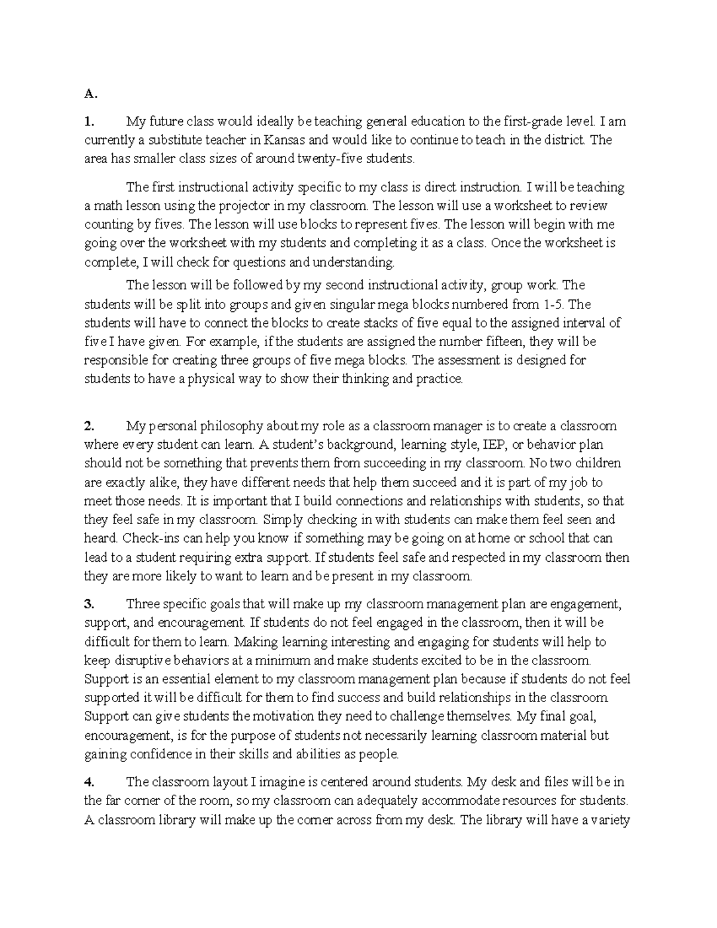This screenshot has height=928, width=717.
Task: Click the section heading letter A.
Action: [x=89, y=94]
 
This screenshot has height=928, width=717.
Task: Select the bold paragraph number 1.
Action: [x=88, y=122]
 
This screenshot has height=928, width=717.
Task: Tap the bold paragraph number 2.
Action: [x=89, y=426]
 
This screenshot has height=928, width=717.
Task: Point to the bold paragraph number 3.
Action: [x=89, y=604]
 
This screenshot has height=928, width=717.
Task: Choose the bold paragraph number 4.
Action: [x=89, y=782]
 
